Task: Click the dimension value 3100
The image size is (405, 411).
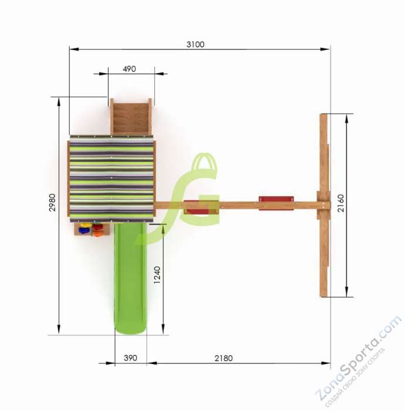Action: pyautogui.click(x=195, y=45)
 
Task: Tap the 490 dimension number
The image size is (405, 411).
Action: pyautogui.click(x=130, y=69)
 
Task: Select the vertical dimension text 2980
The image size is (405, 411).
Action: pyautogui.click(x=52, y=203)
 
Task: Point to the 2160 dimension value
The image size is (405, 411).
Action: pyautogui.click(x=341, y=203)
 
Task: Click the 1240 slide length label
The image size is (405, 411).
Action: pyautogui.click(x=157, y=275)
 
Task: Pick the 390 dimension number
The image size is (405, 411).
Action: pyautogui.click(x=130, y=358)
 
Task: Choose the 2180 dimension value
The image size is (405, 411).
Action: pyautogui.click(x=223, y=358)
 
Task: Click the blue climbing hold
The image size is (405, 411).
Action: pyautogui.click(x=84, y=231)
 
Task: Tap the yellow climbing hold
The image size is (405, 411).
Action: pyautogui.click(x=86, y=225)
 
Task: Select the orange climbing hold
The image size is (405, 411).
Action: pyautogui.click(x=97, y=234)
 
